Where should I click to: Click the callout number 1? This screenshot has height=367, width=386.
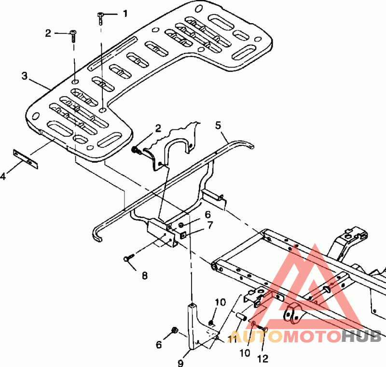125,14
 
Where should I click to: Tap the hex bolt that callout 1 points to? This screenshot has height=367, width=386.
100,19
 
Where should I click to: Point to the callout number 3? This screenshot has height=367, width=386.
24,76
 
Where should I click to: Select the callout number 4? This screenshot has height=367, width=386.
3,176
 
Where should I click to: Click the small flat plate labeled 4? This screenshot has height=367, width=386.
26,159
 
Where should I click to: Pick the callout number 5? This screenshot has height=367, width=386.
218,126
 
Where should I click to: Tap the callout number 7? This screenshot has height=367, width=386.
210,225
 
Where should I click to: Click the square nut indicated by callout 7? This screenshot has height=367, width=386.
182,236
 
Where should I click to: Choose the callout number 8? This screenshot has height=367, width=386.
145,276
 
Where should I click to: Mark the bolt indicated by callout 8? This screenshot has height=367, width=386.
129,258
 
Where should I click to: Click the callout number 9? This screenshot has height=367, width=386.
180,363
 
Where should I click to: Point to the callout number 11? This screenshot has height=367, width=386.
232,339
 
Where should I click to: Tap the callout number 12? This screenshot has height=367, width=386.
262,359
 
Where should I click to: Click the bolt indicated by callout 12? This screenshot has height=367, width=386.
262,327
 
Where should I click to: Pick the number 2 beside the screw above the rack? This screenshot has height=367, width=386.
48,33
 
